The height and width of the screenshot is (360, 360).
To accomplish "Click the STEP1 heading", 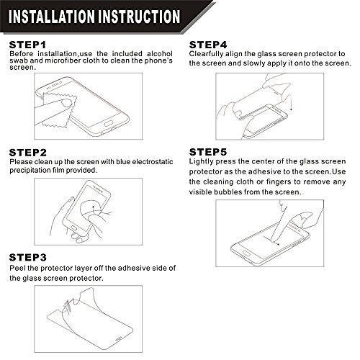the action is pos(27,45).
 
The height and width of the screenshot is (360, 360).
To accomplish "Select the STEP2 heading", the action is pos(28,153).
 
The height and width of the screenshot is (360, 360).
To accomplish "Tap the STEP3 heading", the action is pos(28,258).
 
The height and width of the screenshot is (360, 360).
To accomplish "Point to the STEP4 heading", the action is pos(208,45).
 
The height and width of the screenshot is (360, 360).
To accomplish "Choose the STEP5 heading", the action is pos(208,152).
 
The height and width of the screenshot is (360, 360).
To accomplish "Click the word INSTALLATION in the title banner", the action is pos(52,17).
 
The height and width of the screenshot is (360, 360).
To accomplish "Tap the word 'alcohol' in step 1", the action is pos(160,53).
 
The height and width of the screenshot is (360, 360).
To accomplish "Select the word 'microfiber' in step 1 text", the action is pos(63,60).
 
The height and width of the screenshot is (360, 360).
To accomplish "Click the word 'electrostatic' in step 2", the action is pos(153,162).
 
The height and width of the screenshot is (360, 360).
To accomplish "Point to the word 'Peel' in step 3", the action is pos(17,268).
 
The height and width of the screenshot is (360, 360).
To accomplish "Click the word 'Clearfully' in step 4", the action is pos(206,54).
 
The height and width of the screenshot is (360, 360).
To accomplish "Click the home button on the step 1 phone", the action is pos(109,124).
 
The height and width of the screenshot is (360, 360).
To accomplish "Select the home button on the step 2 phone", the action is pos(74,228).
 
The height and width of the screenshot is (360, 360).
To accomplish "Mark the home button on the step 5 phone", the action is pos(246,253).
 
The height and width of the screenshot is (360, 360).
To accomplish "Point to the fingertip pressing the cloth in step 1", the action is pos(66,103).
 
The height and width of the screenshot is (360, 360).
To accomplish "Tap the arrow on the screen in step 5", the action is pos(271,240).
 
